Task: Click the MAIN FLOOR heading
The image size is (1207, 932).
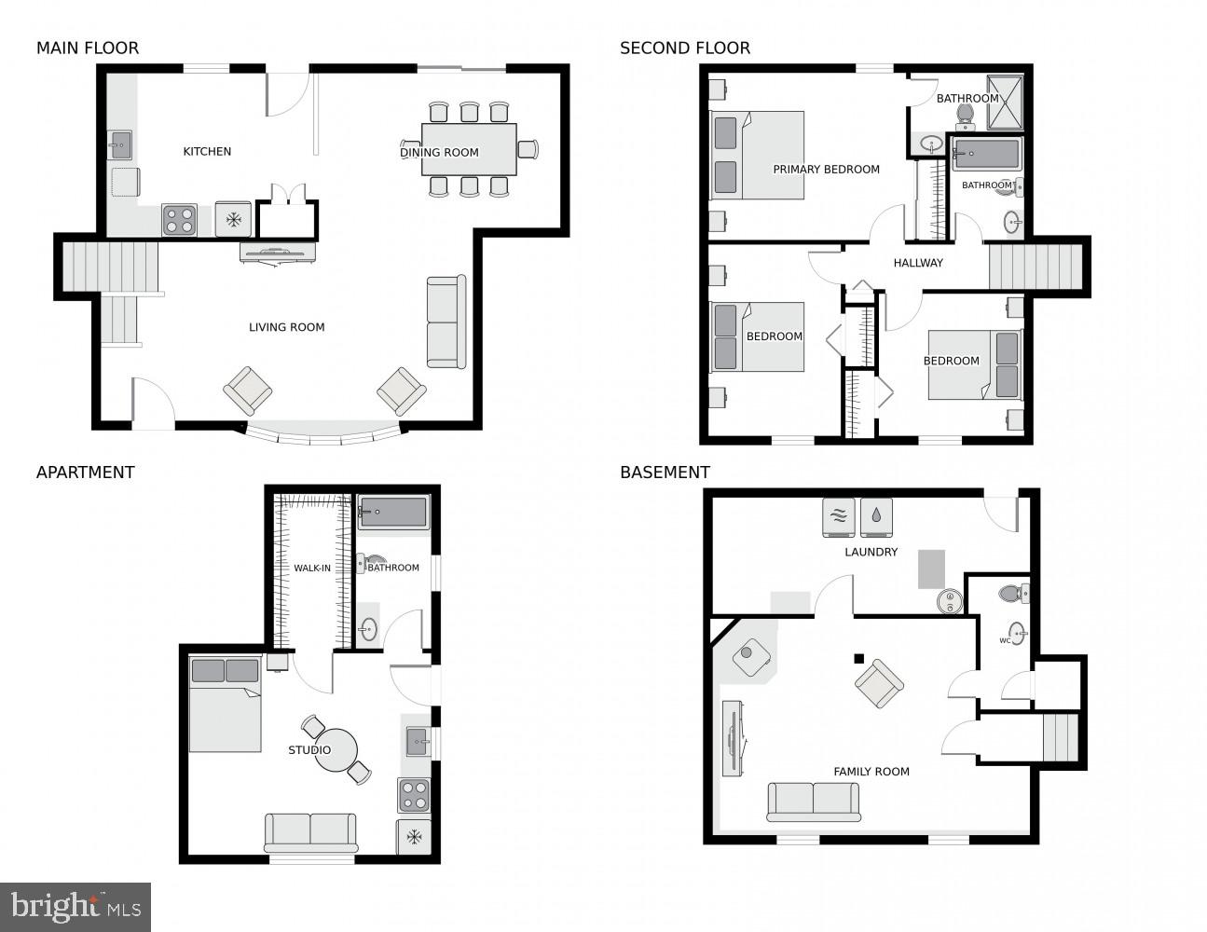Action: click(x=88, y=48)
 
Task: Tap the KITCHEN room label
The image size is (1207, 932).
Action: click(x=207, y=151)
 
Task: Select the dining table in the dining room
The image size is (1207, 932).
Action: click(x=469, y=149)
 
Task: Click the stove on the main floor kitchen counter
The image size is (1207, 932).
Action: click(x=179, y=220)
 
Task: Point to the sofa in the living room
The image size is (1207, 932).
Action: click(x=446, y=322)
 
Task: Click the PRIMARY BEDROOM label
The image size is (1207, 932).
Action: click(x=826, y=170)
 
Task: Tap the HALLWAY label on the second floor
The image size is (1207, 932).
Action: click(x=918, y=263)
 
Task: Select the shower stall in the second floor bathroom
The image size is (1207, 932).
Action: click(x=1005, y=101)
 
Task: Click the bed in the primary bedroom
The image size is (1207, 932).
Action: click(x=758, y=156)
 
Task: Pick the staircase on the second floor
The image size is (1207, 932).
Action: click(x=1035, y=267)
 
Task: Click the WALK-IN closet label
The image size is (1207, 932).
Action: click(x=312, y=568)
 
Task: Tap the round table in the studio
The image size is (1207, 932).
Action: click(x=336, y=750)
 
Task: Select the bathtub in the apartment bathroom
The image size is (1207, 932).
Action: click(x=393, y=512)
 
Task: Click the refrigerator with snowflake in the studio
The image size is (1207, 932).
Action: click(x=414, y=837)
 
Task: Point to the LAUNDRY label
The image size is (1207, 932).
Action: click(x=871, y=552)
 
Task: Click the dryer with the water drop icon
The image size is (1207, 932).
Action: click(x=876, y=517)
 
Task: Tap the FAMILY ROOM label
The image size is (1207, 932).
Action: click(x=871, y=772)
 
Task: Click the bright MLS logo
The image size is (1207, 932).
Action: click(x=75, y=907)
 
